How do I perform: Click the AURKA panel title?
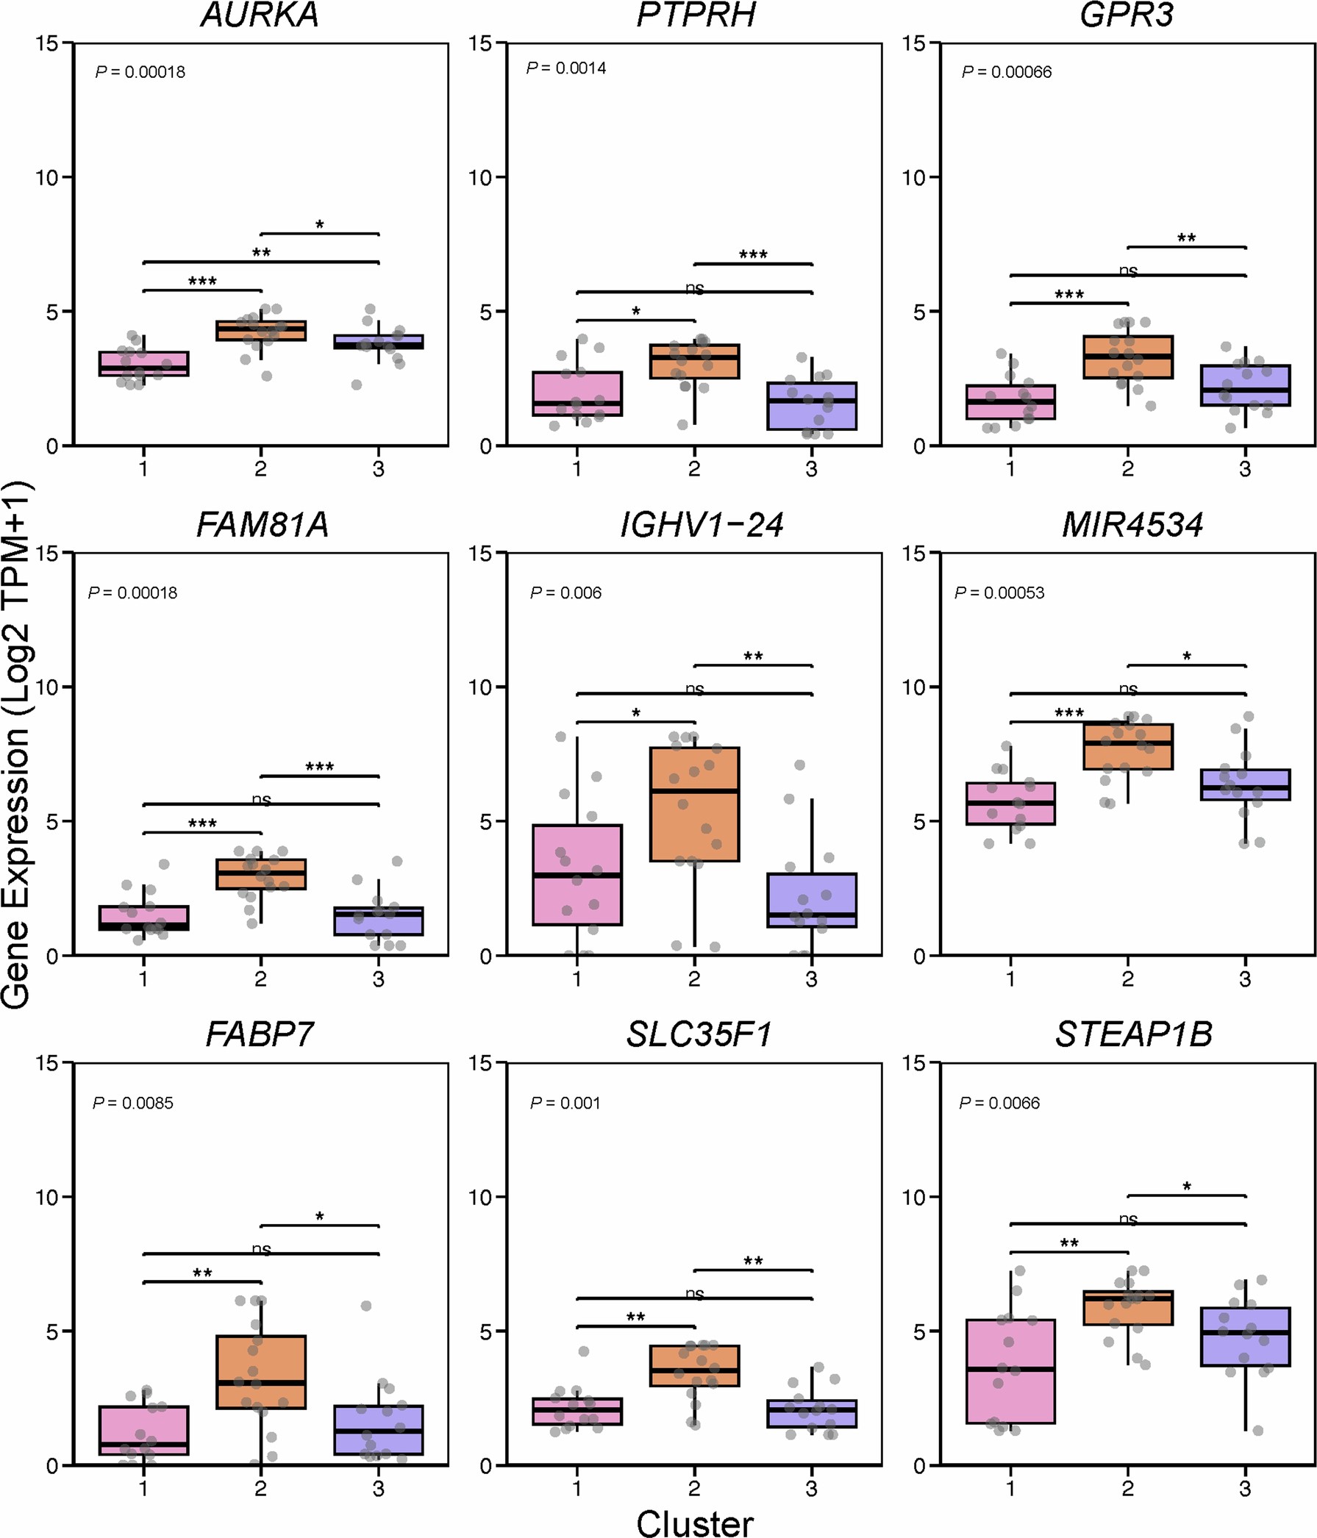click(x=260, y=15)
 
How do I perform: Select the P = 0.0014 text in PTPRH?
click(x=565, y=68)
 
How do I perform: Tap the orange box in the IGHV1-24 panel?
click(x=694, y=804)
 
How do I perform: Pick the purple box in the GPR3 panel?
click(x=1245, y=385)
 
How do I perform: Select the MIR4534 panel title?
click(x=1132, y=526)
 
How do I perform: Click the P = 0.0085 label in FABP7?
click(x=133, y=1103)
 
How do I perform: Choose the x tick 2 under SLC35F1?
click(x=694, y=1488)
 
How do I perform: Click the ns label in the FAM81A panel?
click(x=261, y=799)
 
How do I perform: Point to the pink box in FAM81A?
click(x=143, y=918)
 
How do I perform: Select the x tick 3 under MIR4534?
click(x=1245, y=979)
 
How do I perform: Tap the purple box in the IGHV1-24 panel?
click(x=811, y=901)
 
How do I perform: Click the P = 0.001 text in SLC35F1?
click(x=565, y=1103)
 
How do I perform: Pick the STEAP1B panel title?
click(x=1133, y=1034)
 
